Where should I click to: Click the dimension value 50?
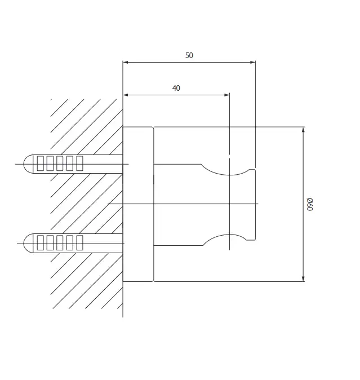click(189, 55)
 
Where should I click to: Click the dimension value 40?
click(176, 88)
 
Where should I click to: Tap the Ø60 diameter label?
click(310, 204)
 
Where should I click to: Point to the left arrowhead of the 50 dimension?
click(126, 62)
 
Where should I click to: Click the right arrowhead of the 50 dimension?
click(252, 62)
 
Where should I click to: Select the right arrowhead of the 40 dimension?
click(226, 95)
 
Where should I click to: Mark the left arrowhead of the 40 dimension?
click(126, 95)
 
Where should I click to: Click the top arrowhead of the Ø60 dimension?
click(303, 130)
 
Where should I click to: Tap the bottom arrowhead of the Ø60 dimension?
click(303, 279)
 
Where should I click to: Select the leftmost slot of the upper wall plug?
click(40, 164)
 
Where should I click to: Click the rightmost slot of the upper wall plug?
click(79, 164)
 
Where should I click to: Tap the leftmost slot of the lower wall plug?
click(40, 242)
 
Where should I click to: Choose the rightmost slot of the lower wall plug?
click(79, 242)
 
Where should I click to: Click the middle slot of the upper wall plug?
click(60, 164)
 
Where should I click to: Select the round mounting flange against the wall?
click(138, 204)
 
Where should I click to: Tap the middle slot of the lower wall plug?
click(60, 242)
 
